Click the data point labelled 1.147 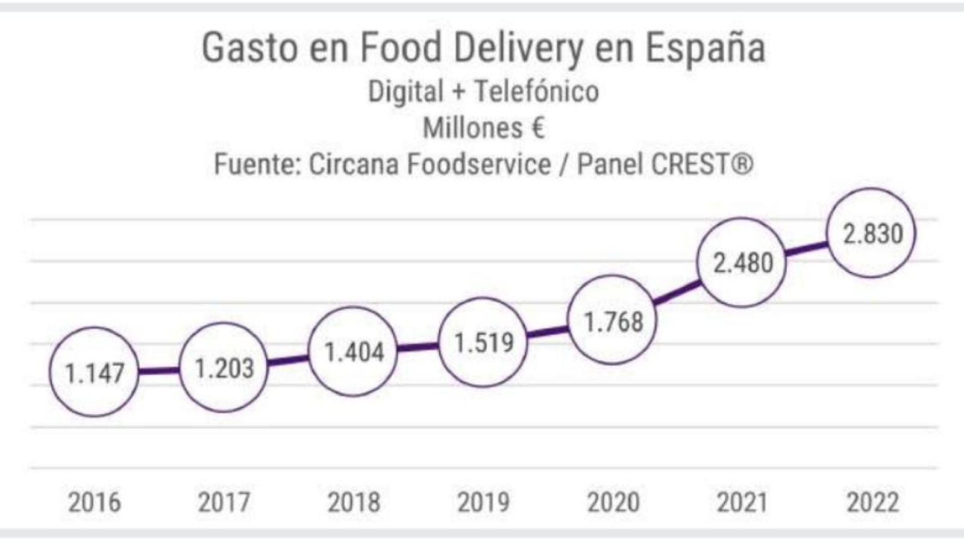pyautogui.click(x=94, y=372)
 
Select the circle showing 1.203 pyautogui.click(x=224, y=367)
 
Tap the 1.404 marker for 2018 pyautogui.click(x=354, y=351)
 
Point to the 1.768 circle pyautogui.click(x=613, y=320)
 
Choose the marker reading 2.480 pyautogui.click(x=742, y=263)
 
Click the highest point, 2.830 pyautogui.click(x=872, y=233)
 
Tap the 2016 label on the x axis pyautogui.click(x=94, y=502)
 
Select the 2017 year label pyautogui.click(x=224, y=502)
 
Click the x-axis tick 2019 pyautogui.click(x=483, y=502)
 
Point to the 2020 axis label pyautogui.click(x=613, y=502)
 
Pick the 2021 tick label pyautogui.click(x=742, y=502)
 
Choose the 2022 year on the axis pyautogui.click(x=872, y=502)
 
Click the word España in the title pyautogui.click(x=706, y=48)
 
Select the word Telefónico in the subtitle pyautogui.click(x=536, y=92)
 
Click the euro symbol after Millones pyautogui.click(x=537, y=128)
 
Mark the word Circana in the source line pyautogui.click(x=354, y=164)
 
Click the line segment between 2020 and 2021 pyautogui.click(x=677, y=292)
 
